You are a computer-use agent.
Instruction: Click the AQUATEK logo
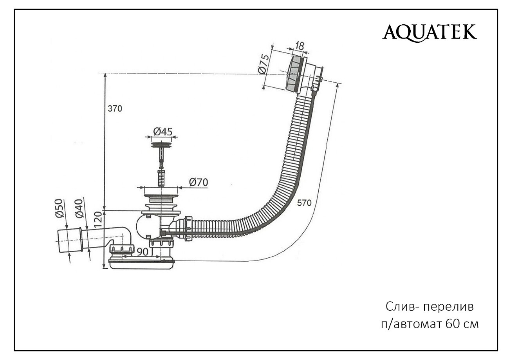coord(430,32)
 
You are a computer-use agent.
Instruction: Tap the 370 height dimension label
coord(115,109)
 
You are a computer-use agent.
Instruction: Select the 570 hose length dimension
coord(304,203)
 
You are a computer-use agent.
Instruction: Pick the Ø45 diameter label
coord(162,132)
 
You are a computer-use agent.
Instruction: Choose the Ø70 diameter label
coord(198,182)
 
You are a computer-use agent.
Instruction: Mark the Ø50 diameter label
coord(59,208)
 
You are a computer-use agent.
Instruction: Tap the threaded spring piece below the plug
coord(161,178)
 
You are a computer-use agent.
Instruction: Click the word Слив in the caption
coord(399,306)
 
